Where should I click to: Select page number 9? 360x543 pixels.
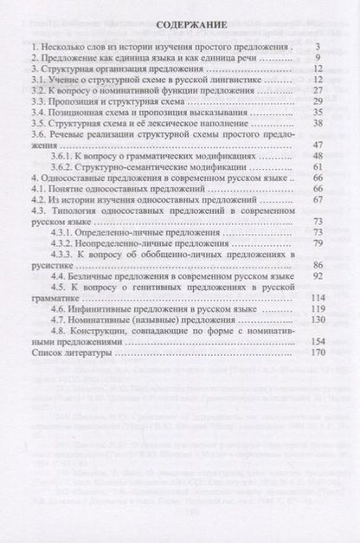[319, 57]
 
